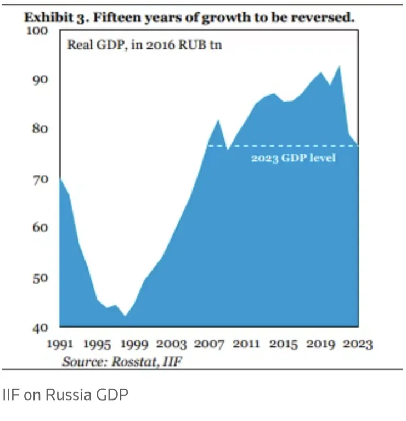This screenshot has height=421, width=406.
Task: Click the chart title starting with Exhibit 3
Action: [x=189, y=17]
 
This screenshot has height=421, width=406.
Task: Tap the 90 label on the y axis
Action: [x=40, y=80]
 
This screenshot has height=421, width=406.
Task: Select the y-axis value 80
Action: [x=40, y=130]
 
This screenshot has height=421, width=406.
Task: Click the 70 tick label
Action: [x=40, y=179]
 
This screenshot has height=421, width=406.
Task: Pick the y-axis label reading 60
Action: [x=40, y=228]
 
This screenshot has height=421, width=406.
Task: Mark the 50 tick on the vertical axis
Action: [x=40, y=278]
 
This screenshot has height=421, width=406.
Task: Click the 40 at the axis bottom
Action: [x=40, y=328]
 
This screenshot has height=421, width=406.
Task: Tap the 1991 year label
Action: [x=60, y=345]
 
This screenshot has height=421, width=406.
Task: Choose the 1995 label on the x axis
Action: [x=97, y=345]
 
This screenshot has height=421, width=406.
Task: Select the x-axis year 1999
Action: [x=134, y=345]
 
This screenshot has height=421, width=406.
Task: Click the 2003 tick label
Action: [x=171, y=345]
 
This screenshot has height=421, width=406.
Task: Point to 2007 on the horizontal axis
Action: [x=208, y=345]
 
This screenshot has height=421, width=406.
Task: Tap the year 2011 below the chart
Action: [x=246, y=345]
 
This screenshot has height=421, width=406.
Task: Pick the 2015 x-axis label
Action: [x=283, y=345]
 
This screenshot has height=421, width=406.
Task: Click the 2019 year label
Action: [x=320, y=345]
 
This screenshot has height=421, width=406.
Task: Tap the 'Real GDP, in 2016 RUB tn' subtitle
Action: [x=144, y=45]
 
